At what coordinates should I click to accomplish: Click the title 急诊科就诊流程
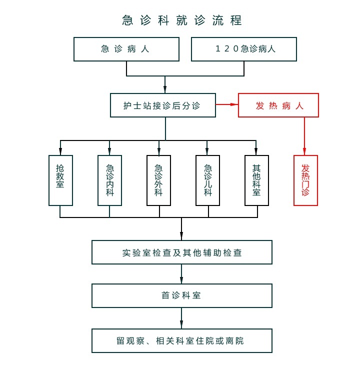pyautogui.click(x=182, y=20)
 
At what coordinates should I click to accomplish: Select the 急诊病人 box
pyautogui.click(x=126, y=49)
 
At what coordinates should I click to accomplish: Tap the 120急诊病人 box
pyautogui.click(x=244, y=49)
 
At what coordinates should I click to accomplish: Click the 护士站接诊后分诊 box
pyautogui.click(x=162, y=105)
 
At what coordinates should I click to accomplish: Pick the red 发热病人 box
pyautogui.click(x=278, y=105)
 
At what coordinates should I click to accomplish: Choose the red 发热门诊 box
pyautogui.click(x=305, y=180)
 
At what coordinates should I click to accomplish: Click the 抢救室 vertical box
pyautogui.click(x=60, y=180)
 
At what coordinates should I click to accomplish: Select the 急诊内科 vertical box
pyautogui.click(x=109, y=180)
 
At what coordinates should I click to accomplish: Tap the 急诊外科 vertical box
pyautogui.click(x=158, y=180)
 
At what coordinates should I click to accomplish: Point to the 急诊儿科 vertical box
pyautogui.click(x=207, y=180)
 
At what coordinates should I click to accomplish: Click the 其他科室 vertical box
pyautogui.click(x=256, y=180)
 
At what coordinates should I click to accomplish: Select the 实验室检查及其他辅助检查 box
pyautogui.click(x=182, y=252)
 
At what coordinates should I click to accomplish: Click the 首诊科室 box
pyautogui.click(x=182, y=295)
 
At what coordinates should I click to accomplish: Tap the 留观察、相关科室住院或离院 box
pyautogui.click(x=182, y=340)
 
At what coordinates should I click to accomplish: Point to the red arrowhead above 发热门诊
pyautogui.click(x=304, y=150)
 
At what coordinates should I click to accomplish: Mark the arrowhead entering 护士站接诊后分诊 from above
pyautogui.click(x=165, y=89)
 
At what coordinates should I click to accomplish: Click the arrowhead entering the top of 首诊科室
pyautogui.click(x=181, y=280)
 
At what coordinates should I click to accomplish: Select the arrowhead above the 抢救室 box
pyautogui.click(x=60, y=151)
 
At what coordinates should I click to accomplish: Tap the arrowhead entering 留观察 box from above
pyautogui.click(x=181, y=325)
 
